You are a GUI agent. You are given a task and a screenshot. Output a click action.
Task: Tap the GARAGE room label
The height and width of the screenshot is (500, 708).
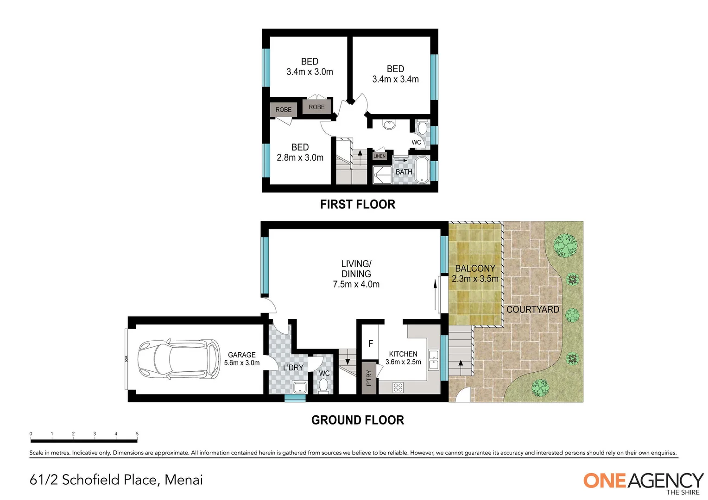point(241,355)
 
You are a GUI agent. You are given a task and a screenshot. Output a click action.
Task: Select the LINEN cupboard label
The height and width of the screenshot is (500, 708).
point(379,156)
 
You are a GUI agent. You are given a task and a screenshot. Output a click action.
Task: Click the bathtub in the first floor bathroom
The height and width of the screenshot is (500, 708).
point(422,170)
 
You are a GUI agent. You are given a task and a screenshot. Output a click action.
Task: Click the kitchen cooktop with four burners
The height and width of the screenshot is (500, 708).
point(398,387)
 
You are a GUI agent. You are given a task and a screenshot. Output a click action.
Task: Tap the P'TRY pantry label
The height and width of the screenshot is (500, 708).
point(369,378)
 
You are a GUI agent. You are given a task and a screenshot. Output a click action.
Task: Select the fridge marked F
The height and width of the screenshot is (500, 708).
point(370,344)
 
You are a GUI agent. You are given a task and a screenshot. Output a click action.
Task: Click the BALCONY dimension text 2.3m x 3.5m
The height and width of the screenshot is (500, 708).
point(475,279)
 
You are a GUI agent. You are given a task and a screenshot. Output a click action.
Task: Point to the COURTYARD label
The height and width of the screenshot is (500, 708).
point(532,309)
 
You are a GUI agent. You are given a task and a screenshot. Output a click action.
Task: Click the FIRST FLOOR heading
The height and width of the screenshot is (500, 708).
point(357,204)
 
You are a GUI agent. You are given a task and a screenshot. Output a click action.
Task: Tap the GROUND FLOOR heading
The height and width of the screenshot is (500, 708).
point(357,420)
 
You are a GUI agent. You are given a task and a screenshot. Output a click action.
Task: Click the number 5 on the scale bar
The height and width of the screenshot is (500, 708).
point(137,434)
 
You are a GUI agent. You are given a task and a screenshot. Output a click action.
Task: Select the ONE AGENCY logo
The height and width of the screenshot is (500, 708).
point(643,481)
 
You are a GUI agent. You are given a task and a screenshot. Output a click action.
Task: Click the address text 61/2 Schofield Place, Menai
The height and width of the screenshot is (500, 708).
point(116,480)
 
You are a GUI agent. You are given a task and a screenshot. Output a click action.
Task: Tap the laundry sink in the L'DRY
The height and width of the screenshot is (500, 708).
point(300,387)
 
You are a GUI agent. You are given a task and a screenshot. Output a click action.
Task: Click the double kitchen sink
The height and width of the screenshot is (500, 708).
point(434,360)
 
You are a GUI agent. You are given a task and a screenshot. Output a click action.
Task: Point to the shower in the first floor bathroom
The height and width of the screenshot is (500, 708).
point(382,175)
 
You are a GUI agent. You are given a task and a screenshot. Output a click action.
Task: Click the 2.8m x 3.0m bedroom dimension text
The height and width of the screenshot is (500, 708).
point(300,157)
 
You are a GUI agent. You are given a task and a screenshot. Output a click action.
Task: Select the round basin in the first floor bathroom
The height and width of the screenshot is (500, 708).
point(389,125)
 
